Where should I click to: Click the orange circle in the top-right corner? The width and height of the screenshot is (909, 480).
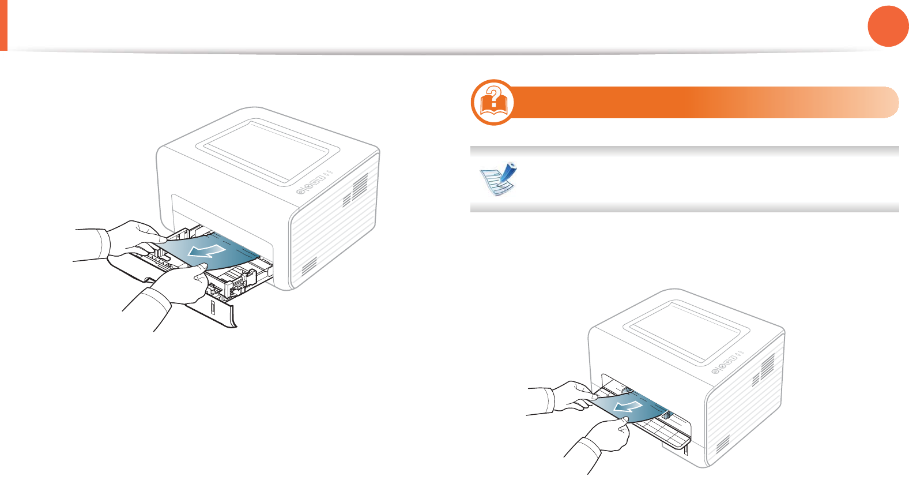888,26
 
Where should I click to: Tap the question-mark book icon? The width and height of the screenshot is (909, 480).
493,102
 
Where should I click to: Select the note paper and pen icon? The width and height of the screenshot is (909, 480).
499,179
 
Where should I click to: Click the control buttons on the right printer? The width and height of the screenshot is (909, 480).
727,363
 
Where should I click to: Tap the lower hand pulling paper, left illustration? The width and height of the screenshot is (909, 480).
173,288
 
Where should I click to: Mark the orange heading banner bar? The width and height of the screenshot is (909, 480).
703,102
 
